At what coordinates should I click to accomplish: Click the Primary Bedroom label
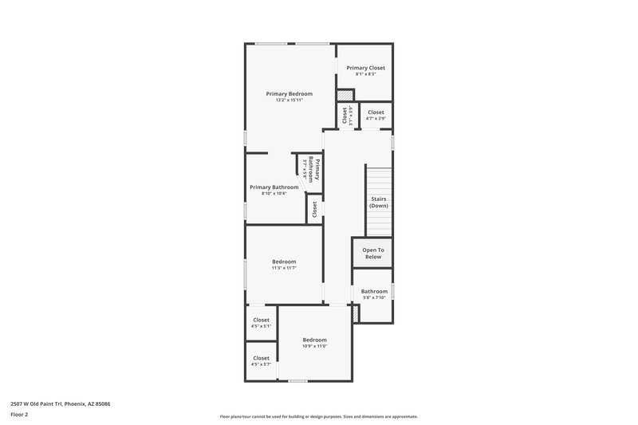click(x=289, y=94)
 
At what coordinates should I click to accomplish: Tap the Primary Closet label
click(x=365, y=68)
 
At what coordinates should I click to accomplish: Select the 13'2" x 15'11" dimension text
click(x=289, y=100)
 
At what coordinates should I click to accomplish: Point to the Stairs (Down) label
click(x=378, y=202)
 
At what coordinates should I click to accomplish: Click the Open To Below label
click(x=373, y=253)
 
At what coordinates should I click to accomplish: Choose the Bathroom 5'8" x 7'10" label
click(x=373, y=291)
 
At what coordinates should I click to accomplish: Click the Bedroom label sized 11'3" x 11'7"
click(x=284, y=262)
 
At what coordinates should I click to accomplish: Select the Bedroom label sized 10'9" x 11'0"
click(x=314, y=340)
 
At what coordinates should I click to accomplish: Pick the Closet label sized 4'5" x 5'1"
click(x=261, y=320)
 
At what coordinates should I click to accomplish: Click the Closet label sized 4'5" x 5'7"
click(x=261, y=358)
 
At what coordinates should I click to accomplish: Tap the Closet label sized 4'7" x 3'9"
click(x=375, y=112)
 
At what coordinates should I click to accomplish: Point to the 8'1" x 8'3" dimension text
click(x=365, y=74)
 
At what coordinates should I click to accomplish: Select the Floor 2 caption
click(x=19, y=415)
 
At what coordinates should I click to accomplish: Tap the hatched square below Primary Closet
click(x=345, y=94)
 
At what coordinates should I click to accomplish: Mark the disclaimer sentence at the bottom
click(x=318, y=416)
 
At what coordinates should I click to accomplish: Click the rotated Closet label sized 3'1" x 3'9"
click(x=345, y=116)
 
